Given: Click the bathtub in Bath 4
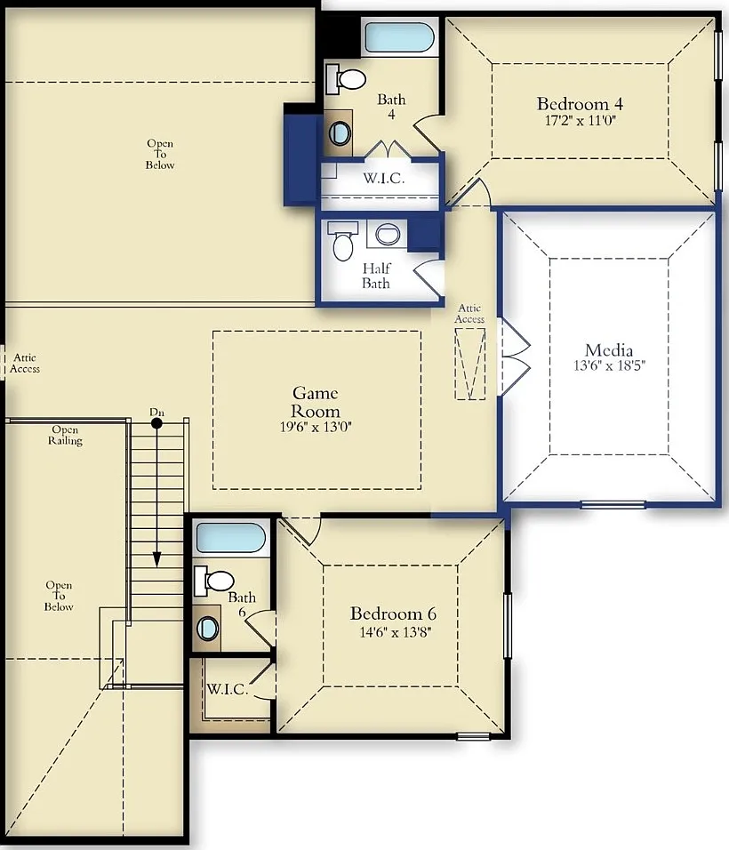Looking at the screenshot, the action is pos(399,36).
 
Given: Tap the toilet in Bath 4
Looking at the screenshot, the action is pos(346,79).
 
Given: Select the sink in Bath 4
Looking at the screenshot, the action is pos(340,132).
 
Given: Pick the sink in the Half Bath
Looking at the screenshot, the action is pos(388,234).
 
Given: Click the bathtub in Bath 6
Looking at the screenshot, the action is pos(231,537).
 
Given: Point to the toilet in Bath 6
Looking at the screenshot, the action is pos(214,581).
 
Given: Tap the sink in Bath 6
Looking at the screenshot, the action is pos(208,629).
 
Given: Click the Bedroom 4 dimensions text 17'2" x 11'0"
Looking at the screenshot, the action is pos(581,120).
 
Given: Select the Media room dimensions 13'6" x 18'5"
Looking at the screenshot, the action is pos(609,365).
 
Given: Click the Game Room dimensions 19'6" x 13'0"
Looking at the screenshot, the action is pos(316,427).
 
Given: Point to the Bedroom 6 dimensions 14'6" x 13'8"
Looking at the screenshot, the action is pos(395,632).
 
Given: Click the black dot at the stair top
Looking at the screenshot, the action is pos(156,423).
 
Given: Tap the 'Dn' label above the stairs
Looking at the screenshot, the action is pos(156,413).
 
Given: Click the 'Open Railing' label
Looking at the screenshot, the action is pos(65,436).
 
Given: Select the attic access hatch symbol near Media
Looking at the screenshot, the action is pos(470,364).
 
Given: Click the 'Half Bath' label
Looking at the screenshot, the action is pos(376,276).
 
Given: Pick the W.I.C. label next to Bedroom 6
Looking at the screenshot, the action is pos(227,690).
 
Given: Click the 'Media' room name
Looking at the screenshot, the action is pos(609,349).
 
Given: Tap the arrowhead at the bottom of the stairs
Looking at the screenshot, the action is pos(156,559).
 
